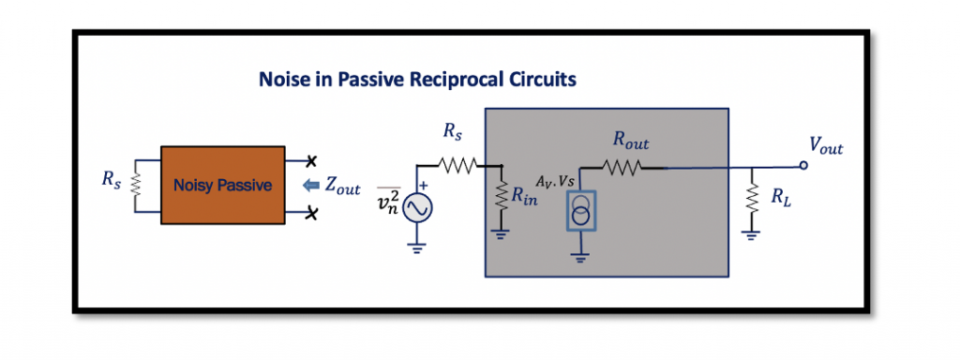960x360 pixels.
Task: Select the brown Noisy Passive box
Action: point(222,185)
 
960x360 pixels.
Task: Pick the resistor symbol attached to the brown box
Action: point(136,185)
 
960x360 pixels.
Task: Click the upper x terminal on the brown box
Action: point(311,157)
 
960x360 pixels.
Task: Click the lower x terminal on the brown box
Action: point(311,215)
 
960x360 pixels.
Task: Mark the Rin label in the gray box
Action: point(525,198)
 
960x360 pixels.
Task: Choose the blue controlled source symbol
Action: point(581,211)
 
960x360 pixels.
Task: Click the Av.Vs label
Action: point(555,180)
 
